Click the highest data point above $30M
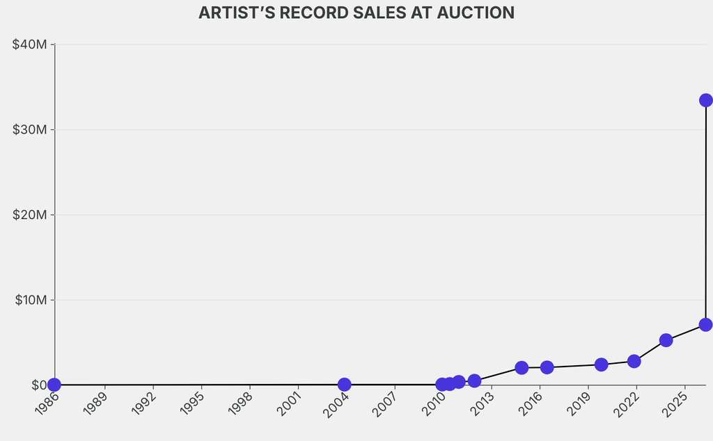(x=705, y=100)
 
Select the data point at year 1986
(x=54, y=385)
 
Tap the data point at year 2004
(x=344, y=385)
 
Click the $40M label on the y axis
(x=30, y=45)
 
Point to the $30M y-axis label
(x=30, y=129)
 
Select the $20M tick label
(x=30, y=215)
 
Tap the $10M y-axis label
(x=30, y=300)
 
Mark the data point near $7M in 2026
(x=705, y=325)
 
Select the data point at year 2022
(x=634, y=361)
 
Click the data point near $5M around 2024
(x=666, y=340)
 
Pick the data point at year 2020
(x=601, y=364)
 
